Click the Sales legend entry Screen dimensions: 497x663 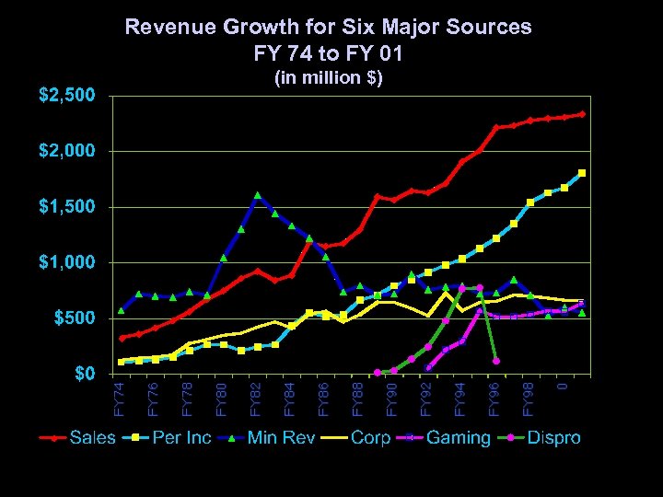[93, 438]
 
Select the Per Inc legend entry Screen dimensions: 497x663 [180, 438]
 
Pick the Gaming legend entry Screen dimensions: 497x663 [458, 438]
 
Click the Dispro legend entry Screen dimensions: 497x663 [553, 438]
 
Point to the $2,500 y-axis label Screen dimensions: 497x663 [65, 95]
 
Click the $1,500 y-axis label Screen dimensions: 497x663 [65, 206]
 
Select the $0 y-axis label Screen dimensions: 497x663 [84, 374]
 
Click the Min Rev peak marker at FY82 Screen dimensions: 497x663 [258, 195]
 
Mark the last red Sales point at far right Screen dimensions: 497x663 [582, 114]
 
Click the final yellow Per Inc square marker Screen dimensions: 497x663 [582, 173]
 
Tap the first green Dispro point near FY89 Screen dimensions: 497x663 [378, 372]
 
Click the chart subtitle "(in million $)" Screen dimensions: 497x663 [329, 77]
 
